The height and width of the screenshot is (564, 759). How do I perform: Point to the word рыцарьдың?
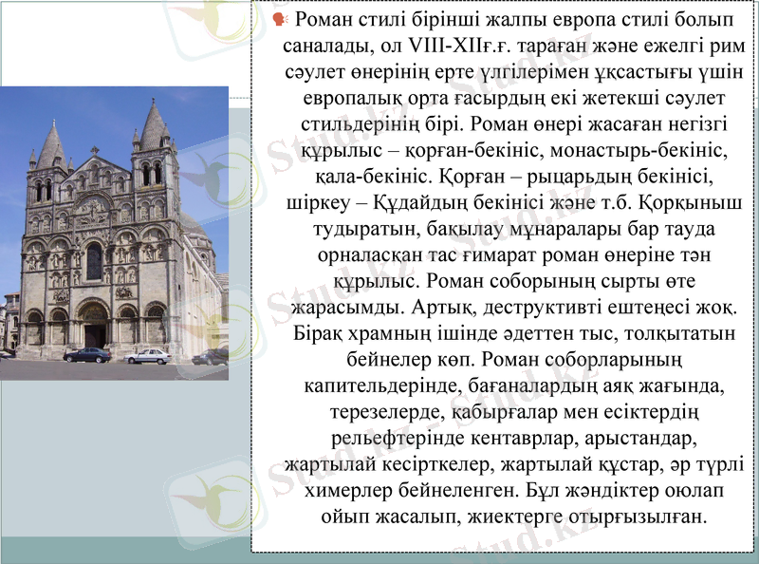point(551,177)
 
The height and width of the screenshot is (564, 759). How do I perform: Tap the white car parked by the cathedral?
point(148,356)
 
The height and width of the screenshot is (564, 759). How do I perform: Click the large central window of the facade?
point(94,261)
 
